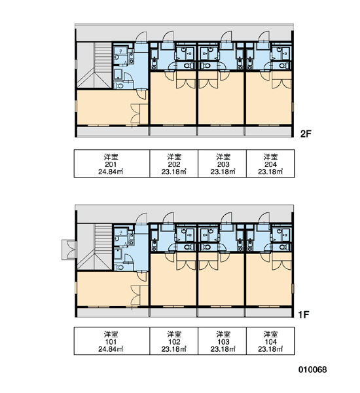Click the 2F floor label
[x=306, y=134]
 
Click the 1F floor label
[x=304, y=314]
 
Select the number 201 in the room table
[x=111, y=164]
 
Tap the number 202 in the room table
[x=174, y=164]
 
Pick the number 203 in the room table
[x=223, y=164]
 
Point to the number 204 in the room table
[x=270, y=164]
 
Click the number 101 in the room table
[x=111, y=342]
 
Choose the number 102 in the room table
[x=174, y=342]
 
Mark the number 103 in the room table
[x=223, y=342]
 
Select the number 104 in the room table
[x=270, y=342]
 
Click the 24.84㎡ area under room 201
[x=111, y=172]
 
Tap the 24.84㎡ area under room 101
[x=111, y=349]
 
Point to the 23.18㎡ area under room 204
[x=270, y=172]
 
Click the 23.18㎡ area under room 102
[x=174, y=349]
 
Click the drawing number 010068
[x=313, y=369]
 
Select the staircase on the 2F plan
[x=94, y=65]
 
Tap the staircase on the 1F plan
[x=94, y=247]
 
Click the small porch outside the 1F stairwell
[x=69, y=250]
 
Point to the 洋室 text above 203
[x=223, y=157]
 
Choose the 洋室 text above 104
[x=270, y=334]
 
